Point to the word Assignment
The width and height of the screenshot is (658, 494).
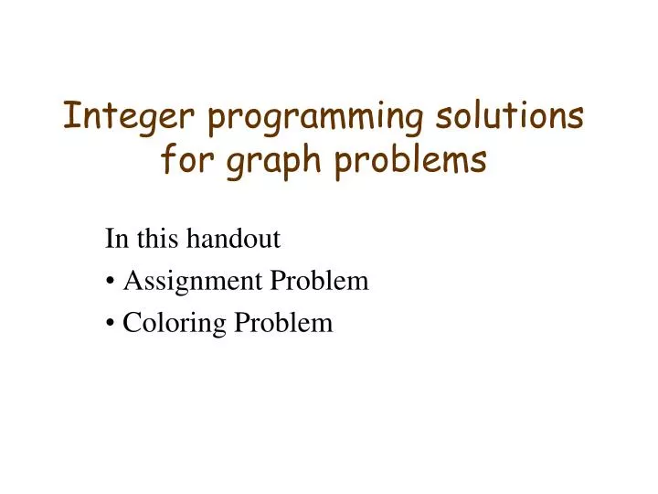pos(192,282)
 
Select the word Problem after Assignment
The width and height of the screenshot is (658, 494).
pos(318,282)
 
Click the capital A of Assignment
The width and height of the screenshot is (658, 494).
pos(132,282)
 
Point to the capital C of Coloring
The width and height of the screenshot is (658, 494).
pos(131,323)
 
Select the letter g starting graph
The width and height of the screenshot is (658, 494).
pos(229,164)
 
